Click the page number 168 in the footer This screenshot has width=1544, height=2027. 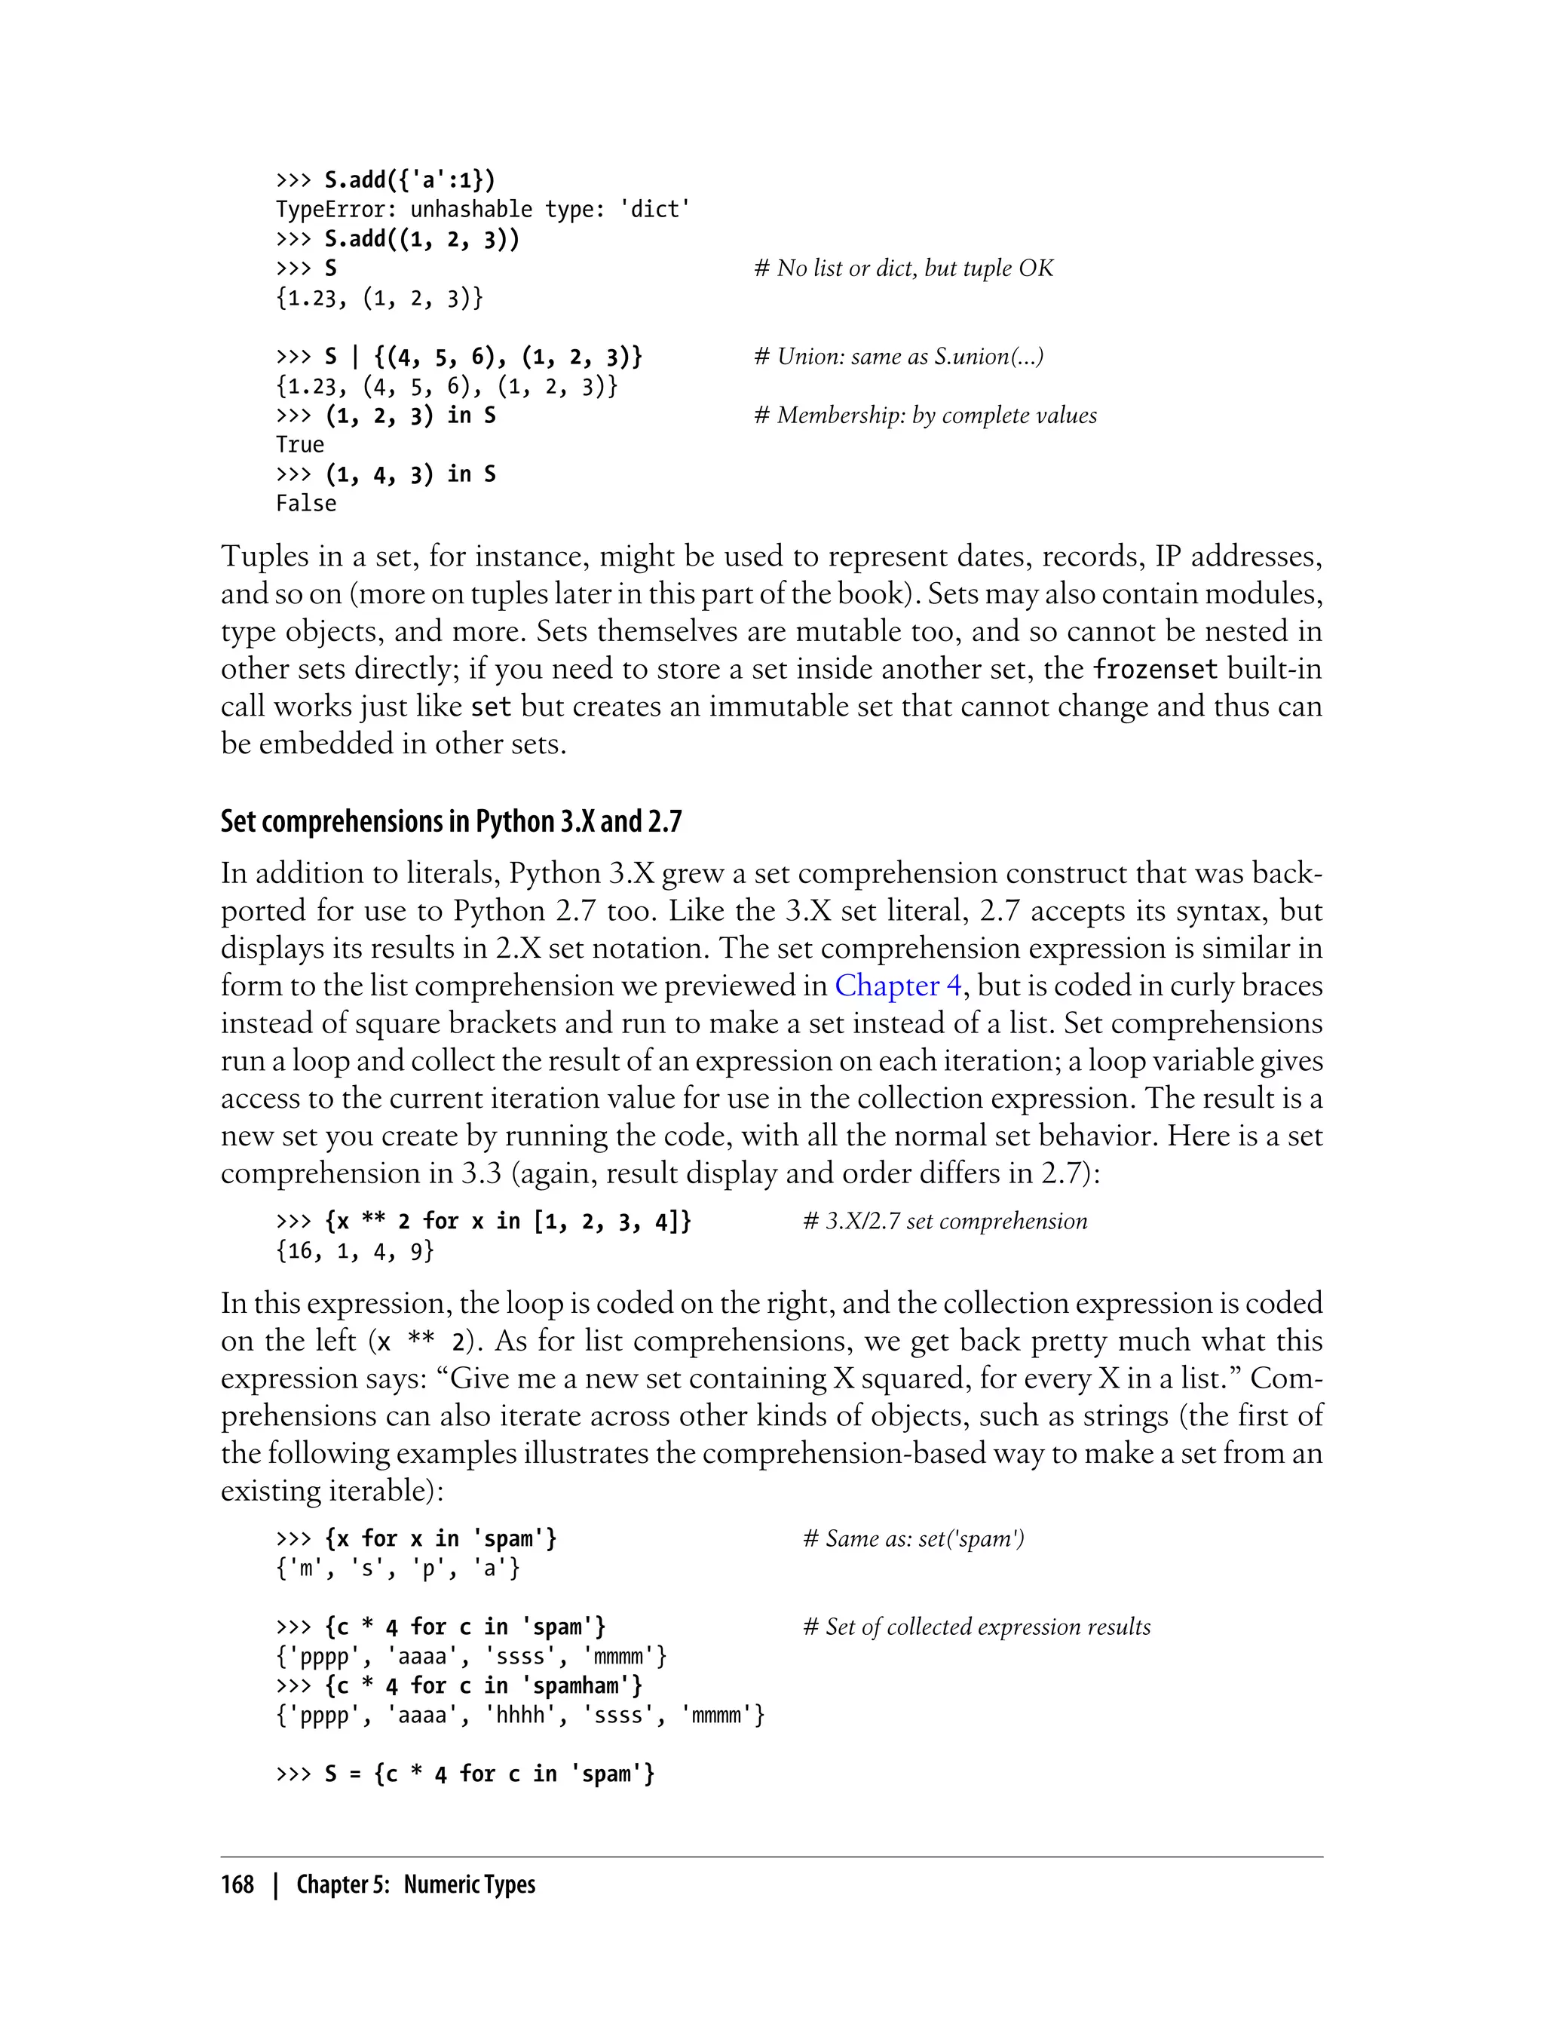237,1884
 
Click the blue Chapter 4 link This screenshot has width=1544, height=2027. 897,986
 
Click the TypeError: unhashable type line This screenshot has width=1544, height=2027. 482,210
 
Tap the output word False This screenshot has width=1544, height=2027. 306,504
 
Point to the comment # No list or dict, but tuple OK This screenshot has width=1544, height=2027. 902,268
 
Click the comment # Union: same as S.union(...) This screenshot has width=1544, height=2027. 898,357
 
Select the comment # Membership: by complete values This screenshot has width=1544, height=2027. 924,416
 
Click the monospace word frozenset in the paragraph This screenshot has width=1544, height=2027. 1154,669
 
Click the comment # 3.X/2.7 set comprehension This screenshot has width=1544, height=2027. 944,1222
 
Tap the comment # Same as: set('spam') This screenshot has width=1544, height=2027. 913,1539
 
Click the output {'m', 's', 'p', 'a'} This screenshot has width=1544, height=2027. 398,1569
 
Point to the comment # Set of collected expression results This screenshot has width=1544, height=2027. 976,1627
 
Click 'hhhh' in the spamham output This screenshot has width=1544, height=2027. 520,1716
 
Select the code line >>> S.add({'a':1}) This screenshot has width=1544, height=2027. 386,180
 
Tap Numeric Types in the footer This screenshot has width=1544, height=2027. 469,1884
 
